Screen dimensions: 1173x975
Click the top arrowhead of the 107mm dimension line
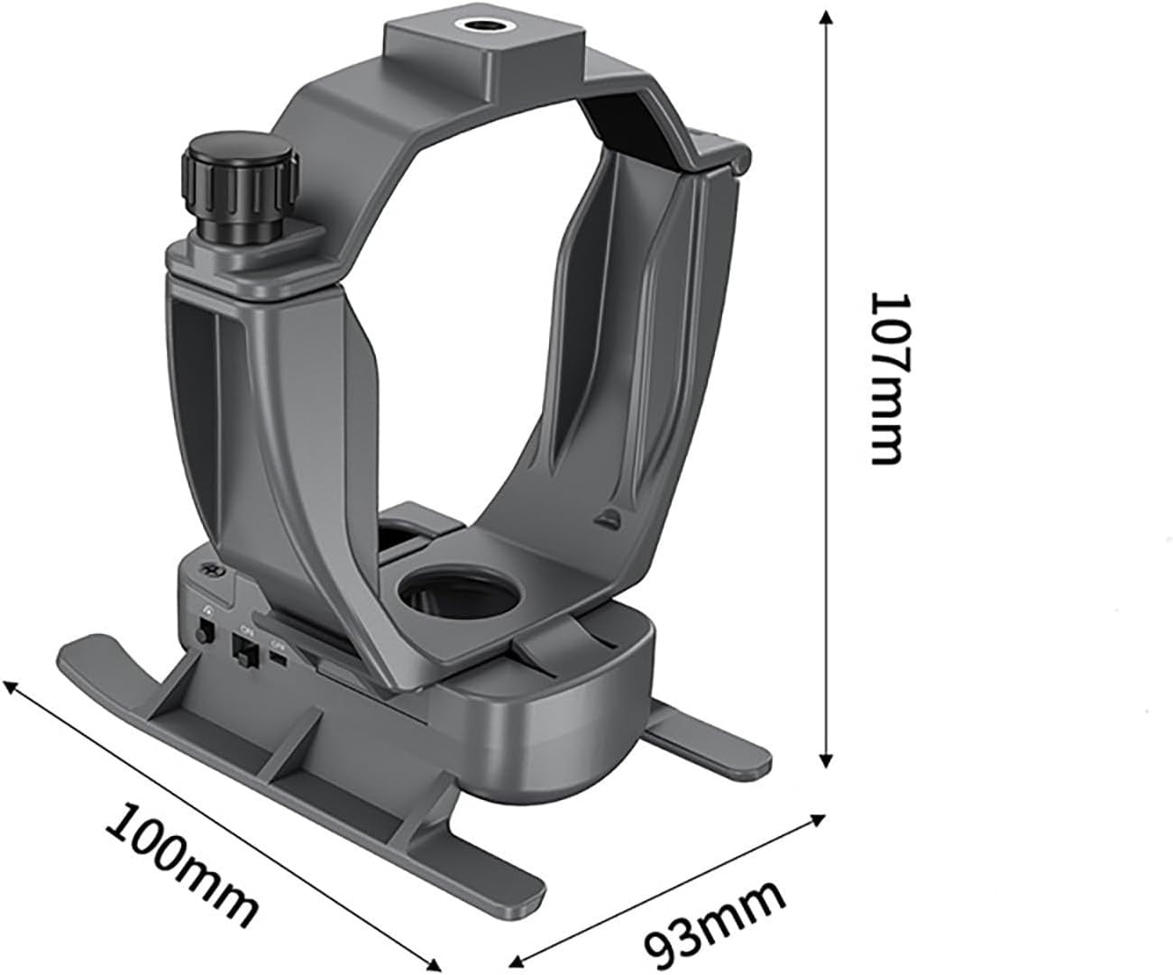[825, 18]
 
